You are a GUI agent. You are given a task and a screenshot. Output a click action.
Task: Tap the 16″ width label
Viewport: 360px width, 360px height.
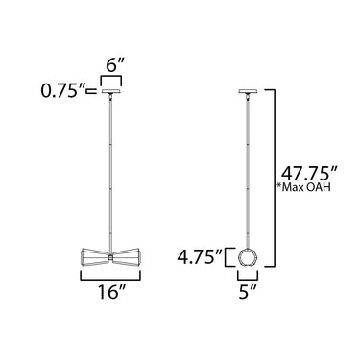pos(110,293)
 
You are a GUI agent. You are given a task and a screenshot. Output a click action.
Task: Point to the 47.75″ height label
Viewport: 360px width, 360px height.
pos(309,175)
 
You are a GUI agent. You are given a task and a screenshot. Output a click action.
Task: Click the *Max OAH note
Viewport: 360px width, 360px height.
pos(303,187)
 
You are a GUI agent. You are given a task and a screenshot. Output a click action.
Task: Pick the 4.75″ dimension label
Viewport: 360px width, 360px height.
pos(200,258)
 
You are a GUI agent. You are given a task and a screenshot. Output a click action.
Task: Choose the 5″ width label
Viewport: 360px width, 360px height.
pos(248,293)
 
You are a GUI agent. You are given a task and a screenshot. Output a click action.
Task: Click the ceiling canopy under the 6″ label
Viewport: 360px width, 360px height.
pos(111,91)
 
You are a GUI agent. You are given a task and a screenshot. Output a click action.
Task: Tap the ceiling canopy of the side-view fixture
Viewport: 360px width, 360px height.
pos(248,91)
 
